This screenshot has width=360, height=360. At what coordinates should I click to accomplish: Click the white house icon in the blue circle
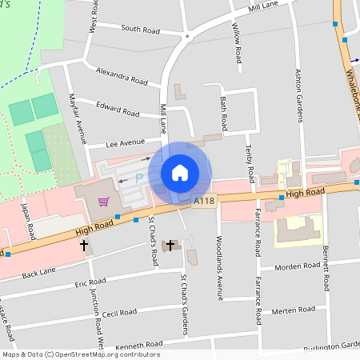(180, 173)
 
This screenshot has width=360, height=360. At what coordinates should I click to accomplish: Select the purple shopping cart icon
(103, 202)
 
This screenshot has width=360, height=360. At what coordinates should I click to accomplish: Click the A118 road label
(203, 203)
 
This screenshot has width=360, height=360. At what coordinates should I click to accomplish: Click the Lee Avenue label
(125, 144)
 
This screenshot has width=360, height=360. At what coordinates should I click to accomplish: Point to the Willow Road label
(237, 42)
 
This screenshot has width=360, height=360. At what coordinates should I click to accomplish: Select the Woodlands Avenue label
(219, 256)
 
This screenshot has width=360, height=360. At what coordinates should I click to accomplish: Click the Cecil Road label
(120, 314)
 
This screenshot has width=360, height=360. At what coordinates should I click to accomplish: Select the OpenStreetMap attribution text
(80, 354)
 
